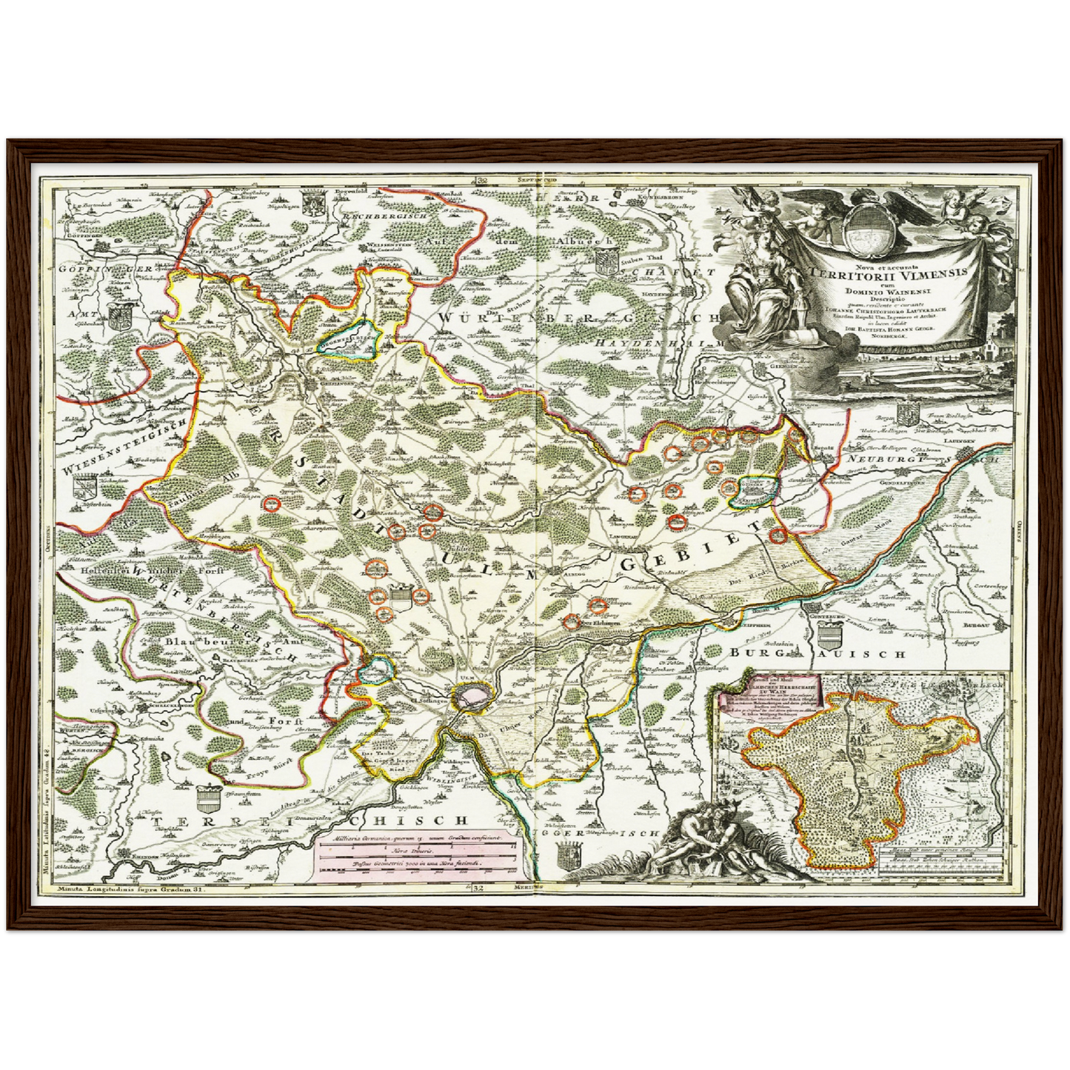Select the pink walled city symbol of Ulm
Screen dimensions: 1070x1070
[472, 695]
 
